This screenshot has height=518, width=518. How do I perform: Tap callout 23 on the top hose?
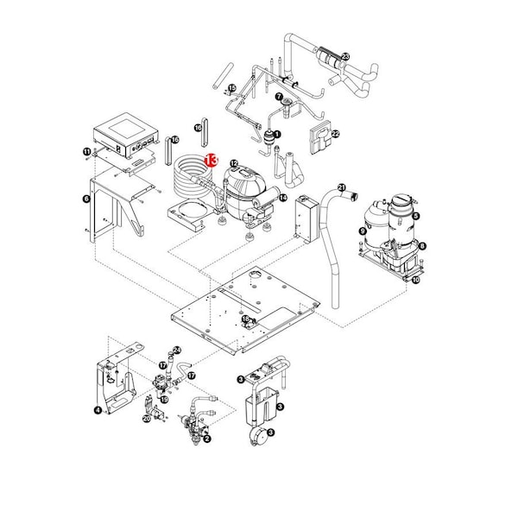coord(345,56)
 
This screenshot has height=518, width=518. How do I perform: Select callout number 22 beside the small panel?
coord(336,134)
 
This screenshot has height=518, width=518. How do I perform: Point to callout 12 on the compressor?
coord(234,162)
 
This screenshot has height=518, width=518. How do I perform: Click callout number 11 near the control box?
coord(86,153)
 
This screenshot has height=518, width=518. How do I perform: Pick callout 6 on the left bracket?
coord(85,199)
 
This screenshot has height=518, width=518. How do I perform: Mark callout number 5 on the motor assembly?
coord(415,217)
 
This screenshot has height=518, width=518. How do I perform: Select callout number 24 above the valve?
coord(176,350)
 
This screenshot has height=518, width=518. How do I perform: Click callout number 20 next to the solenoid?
coord(146,419)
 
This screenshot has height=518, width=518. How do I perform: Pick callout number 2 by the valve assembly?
coord(207,439)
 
